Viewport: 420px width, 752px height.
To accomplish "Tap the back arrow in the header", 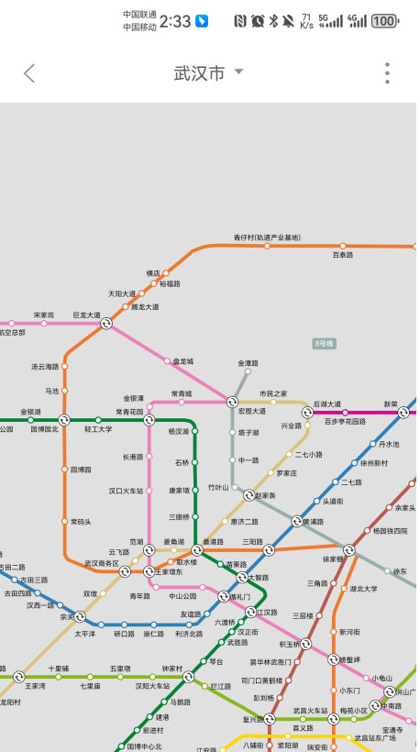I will [x=29, y=73].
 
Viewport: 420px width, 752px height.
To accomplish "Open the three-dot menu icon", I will [x=388, y=73].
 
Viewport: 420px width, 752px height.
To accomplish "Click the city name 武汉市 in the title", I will [x=199, y=73].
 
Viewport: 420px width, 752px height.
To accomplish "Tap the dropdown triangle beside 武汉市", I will [x=238, y=72].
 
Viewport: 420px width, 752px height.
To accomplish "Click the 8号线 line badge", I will [x=325, y=343].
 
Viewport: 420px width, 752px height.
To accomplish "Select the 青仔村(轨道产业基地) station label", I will [x=267, y=238].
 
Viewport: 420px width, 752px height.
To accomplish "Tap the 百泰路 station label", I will [x=342, y=255].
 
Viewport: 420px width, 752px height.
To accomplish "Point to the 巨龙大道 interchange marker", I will [x=106, y=323].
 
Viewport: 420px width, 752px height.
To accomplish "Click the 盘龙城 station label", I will [x=183, y=361].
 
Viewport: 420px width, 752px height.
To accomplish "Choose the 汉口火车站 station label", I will [x=127, y=491].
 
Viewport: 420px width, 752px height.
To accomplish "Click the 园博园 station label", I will [x=82, y=469].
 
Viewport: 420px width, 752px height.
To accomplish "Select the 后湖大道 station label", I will [x=326, y=404].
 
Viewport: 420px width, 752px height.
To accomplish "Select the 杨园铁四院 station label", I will [x=390, y=531].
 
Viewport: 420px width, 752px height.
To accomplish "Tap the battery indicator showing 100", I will [x=385, y=20].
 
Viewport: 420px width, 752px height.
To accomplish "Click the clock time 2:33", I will [x=175, y=20].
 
